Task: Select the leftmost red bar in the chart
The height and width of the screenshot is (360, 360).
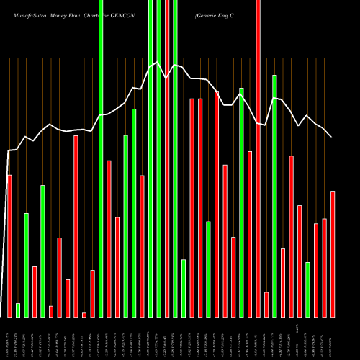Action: pyautogui.click(x=9, y=245)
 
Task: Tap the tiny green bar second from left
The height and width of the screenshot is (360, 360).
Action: pyautogui.click(x=18, y=310)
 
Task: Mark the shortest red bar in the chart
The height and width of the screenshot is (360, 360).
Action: pyautogui.click(x=84, y=315)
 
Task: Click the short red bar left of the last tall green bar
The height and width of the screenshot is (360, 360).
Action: pyautogui.click(x=266, y=304)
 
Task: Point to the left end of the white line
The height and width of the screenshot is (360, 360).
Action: pyautogui.click(x=7, y=151)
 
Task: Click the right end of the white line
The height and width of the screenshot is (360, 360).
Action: pyautogui.click(x=331, y=137)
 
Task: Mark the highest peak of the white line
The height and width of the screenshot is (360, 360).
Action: pyautogui.click(x=157, y=62)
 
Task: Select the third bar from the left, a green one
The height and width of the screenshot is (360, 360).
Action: pyautogui.click(x=26, y=265)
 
